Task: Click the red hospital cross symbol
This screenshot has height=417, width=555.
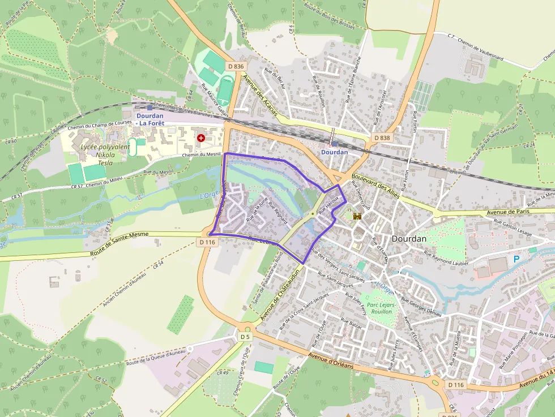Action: click(200, 137)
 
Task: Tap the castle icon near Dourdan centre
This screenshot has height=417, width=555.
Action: click(357, 216)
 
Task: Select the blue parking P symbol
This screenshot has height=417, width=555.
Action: click(516, 259)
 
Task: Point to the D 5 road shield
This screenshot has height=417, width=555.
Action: click(245, 337)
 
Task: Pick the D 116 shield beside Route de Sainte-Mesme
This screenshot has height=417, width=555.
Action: click(208, 242)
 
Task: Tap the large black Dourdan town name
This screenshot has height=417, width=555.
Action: click(409, 239)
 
